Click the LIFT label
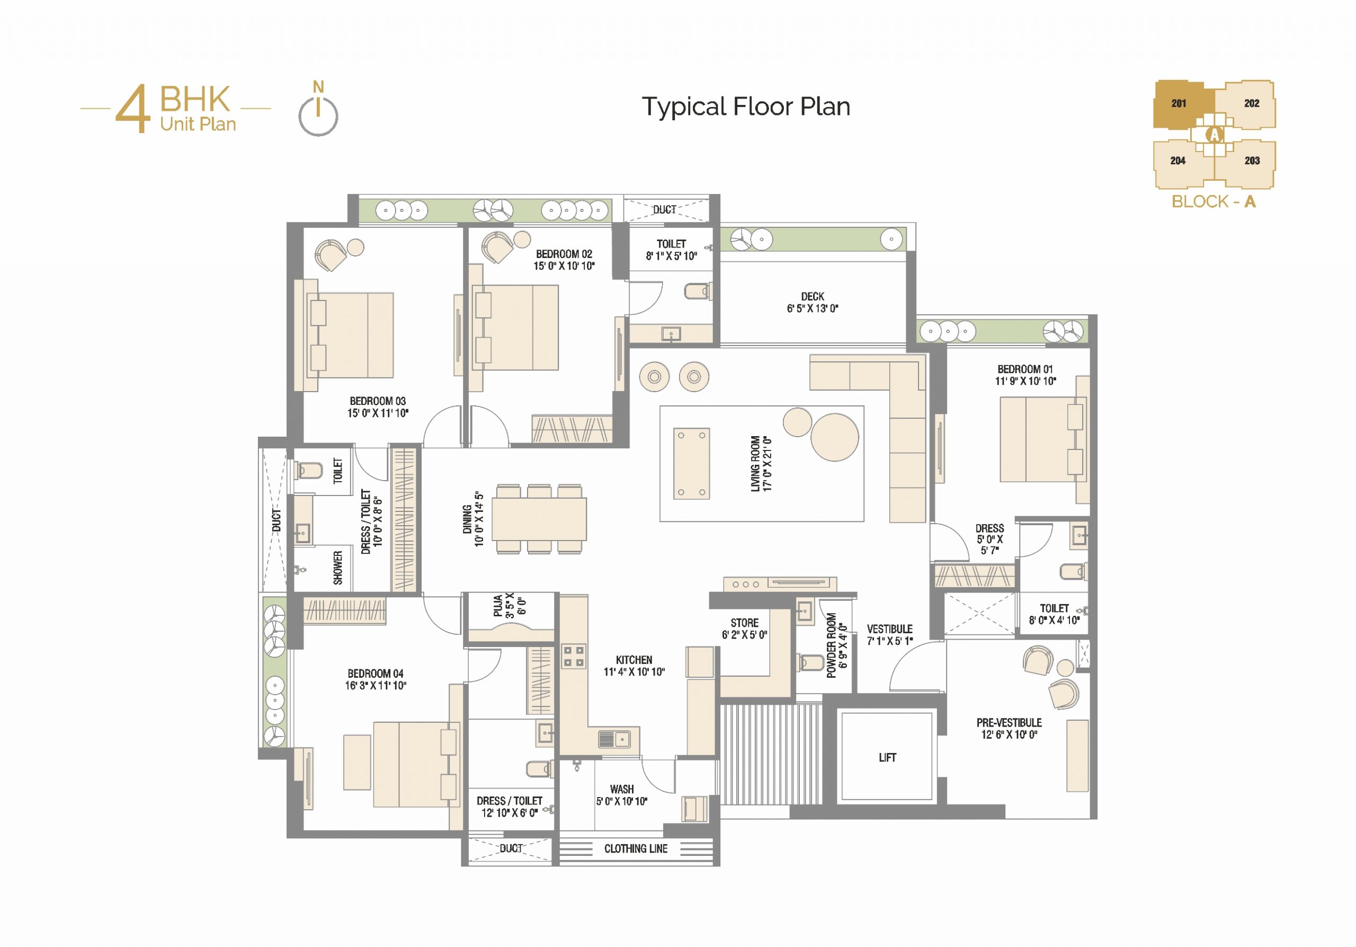(x=887, y=757)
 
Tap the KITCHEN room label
(x=634, y=660)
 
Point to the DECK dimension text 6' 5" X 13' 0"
(x=813, y=308)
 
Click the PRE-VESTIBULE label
(x=1009, y=722)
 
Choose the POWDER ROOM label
(x=831, y=645)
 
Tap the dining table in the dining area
(x=539, y=519)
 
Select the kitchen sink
(x=614, y=738)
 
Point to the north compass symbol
(x=318, y=109)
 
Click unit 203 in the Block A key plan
(x=1252, y=161)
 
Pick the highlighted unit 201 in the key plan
(x=1179, y=104)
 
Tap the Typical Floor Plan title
(x=746, y=107)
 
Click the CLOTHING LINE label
(x=636, y=849)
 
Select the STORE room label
(x=744, y=623)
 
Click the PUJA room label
(x=498, y=606)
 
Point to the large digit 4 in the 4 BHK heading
(x=132, y=108)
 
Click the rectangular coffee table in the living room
(x=692, y=464)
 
